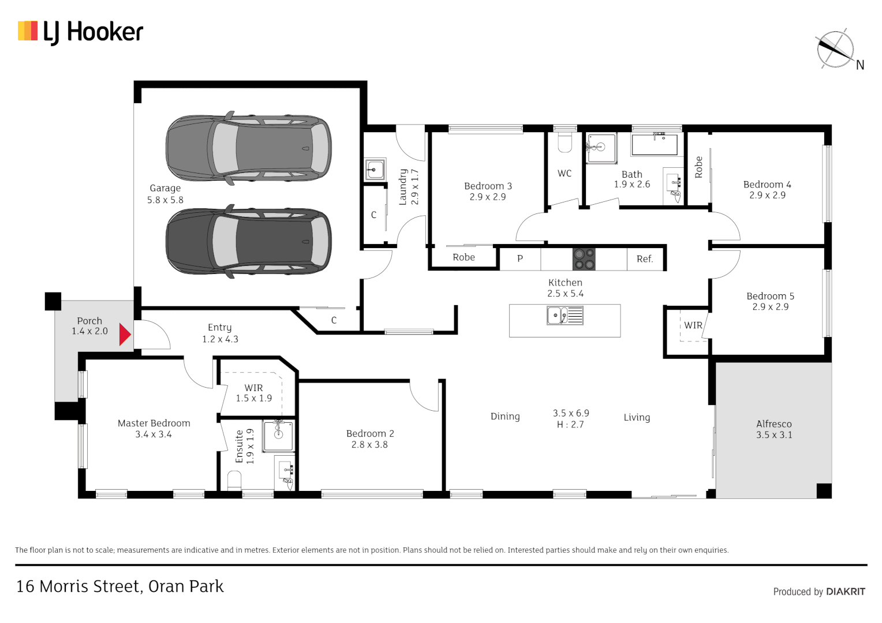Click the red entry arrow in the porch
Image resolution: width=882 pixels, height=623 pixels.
pos(125,335)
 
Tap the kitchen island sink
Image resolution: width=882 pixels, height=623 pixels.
pos(565,316)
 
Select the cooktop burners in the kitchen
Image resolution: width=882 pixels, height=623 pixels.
pos(584,259)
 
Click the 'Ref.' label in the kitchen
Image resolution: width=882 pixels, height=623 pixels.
pos(644,259)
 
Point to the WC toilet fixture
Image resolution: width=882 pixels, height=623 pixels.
pos(565,142)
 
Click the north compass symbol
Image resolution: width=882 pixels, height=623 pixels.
pos(835,50)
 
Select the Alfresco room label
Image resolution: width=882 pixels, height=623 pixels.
pos(773,424)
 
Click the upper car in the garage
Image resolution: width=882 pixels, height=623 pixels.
pos(248,148)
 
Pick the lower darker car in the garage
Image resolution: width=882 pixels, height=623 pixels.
pos(248,241)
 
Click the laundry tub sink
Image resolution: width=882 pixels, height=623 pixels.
pos(375,170)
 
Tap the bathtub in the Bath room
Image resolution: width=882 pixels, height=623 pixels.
pos(654,144)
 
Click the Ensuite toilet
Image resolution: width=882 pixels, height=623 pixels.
pos(234,480)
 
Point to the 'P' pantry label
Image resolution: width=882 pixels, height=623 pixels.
pos(520,259)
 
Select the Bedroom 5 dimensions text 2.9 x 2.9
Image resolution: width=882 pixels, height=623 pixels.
pos(770,307)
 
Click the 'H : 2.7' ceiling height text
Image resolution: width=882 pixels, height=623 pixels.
pos(570,425)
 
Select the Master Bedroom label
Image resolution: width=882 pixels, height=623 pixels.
pos(154,423)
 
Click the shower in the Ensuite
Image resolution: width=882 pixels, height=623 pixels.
pos(278,436)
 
